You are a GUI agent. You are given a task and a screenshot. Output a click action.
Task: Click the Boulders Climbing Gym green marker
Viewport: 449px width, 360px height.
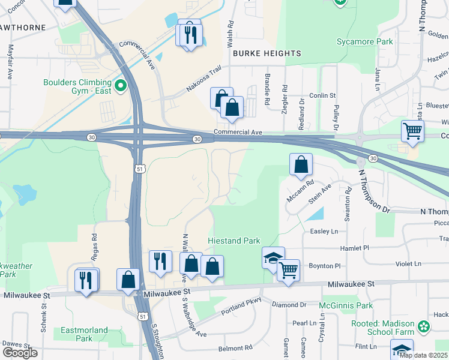(x=120, y=86)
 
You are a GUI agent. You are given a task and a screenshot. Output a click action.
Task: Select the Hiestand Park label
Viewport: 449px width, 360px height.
(x=234, y=241)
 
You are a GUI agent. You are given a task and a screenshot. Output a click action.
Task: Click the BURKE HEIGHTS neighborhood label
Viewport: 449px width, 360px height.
(x=267, y=53)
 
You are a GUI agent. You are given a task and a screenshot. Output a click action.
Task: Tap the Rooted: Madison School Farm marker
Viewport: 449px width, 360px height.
(x=424, y=327)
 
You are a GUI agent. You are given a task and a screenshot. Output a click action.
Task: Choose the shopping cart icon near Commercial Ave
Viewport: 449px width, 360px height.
(x=412, y=131)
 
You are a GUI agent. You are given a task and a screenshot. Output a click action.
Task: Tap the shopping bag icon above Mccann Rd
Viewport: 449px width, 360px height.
(x=301, y=164)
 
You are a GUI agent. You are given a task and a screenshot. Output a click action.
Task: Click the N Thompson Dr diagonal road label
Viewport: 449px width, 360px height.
(x=374, y=191)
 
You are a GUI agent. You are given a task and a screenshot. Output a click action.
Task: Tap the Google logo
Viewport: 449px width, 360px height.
(x=20, y=352)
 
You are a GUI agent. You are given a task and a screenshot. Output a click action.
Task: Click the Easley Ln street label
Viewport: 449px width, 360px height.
(x=324, y=231)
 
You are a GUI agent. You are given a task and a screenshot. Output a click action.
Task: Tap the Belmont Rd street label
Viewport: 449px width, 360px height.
(x=235, y=348)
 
